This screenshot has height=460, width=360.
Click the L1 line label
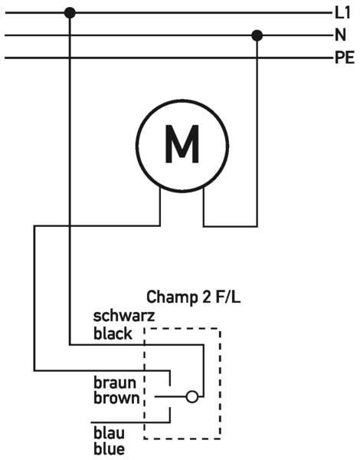tap(342, 13)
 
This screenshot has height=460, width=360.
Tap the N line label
tap(340, 35)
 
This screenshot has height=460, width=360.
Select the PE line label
tap(345, 58)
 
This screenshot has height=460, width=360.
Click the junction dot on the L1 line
tap(70, 13)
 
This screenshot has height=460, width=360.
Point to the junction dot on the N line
tap(257, 35)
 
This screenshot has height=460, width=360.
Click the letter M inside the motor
tap(182, 144)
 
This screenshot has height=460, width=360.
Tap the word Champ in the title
tap(172, 297)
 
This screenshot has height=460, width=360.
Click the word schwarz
tap(124, 316)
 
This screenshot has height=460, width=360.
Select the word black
tap(113, 333)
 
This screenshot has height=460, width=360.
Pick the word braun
tap(115, 383)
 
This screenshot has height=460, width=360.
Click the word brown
tap(116, 398)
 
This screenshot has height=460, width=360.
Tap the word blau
tap(109, 433)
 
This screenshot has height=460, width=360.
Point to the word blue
tap(109, 449)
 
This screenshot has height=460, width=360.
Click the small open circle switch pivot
tap(192, 396)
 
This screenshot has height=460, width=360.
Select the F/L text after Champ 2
tap(227, 297)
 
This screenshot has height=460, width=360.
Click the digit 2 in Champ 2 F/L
tap(205, 297)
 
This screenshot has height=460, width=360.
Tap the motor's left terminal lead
tap(160, 206)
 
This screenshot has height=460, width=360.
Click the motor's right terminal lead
tap(204, 207)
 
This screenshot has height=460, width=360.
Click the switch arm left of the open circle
tap(170, 396)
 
